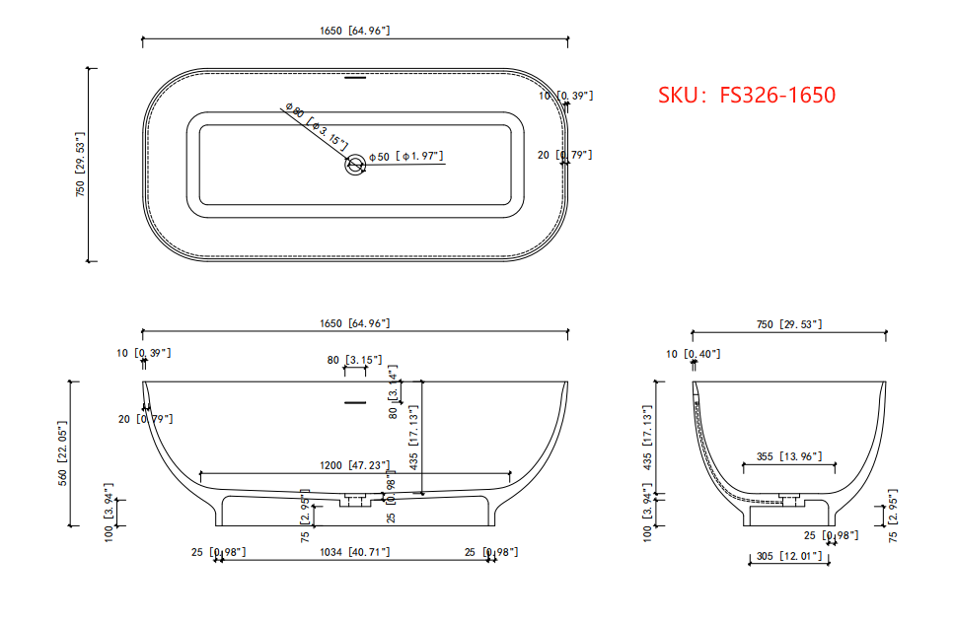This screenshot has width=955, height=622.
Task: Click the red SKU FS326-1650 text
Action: tap(747, 95)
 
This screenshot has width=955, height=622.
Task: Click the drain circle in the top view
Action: tap(354, 166)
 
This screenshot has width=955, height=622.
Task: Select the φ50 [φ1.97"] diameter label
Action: tap(405, 157)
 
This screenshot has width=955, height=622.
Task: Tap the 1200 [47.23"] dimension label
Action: tap(354, 465)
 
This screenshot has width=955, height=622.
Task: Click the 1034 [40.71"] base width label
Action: tap(354, 552)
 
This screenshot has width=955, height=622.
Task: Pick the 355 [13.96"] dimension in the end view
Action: tap(788, 456)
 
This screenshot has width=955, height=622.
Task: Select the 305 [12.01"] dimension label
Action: tap(788, 557)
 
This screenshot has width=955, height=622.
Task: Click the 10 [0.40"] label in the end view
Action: tap(694, 354)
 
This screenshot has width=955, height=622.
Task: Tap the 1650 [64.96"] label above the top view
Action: tap(354, 31)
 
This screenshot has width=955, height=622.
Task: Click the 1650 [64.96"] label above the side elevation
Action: tap(354, 323)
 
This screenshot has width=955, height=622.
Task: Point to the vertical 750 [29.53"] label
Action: tap(81, 165)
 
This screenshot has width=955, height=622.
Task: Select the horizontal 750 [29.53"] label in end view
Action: tap(788, 324)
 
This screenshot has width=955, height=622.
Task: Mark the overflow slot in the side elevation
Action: tap(354, 402)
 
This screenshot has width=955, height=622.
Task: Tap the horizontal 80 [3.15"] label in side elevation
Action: tap(354, 361)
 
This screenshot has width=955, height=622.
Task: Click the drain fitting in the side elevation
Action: tap(354, 501)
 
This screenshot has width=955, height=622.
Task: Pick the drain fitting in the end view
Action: tap(787, 499)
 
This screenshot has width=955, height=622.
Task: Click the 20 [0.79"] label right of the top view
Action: tap(564, 155)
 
